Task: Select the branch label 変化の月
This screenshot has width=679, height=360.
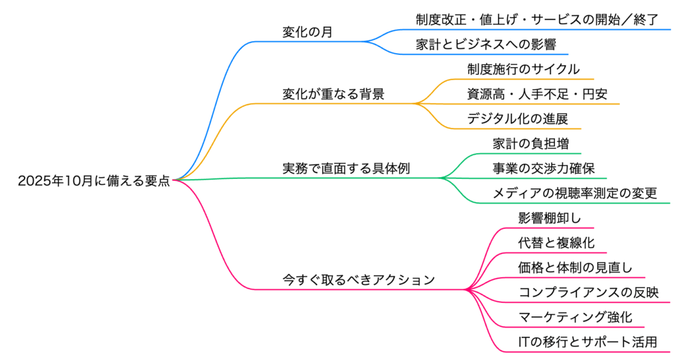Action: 307,31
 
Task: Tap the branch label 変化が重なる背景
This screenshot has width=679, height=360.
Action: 333,93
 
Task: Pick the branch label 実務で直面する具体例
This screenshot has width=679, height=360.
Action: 346,168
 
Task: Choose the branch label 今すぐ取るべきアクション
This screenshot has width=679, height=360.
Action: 359,280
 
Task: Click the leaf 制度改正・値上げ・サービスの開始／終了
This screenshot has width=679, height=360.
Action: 537,20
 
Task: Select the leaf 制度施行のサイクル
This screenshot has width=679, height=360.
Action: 523,69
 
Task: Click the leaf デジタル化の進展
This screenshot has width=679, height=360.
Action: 517,119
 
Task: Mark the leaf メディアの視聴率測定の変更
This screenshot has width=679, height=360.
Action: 575,193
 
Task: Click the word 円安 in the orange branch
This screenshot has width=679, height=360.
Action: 594,94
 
